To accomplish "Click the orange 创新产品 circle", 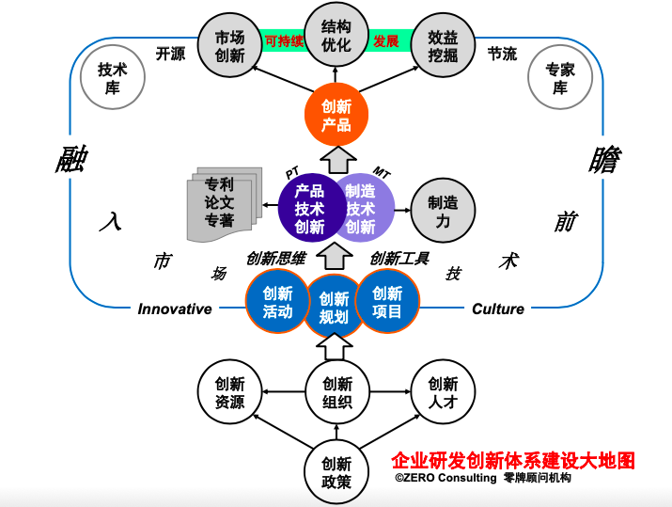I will tap(336, 116).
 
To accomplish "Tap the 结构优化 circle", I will tap(336, 38).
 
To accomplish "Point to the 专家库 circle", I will tap(559, 78).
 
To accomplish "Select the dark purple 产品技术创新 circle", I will tap(309, 207).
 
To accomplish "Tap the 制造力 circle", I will tap(443, 209).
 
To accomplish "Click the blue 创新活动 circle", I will tap(277, 302).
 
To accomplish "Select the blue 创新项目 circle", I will tap(387, 302).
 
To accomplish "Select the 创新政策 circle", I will tap(336, 471).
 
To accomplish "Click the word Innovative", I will tap(175, 309).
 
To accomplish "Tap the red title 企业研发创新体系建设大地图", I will tap(513, 461).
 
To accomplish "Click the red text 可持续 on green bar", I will tap(283, 41).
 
